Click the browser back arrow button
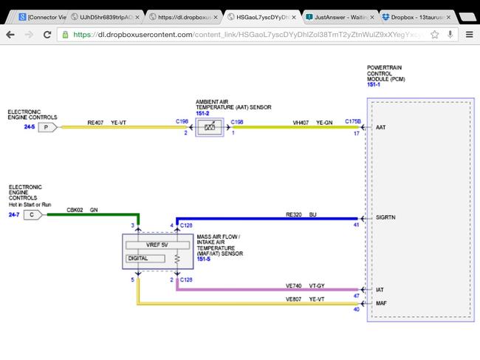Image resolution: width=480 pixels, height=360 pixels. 10,34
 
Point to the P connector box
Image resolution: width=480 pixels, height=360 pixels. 47,127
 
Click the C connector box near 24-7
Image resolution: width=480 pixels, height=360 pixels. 33,214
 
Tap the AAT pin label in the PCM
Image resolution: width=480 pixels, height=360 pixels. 381,127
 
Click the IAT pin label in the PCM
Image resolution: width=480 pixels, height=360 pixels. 380,289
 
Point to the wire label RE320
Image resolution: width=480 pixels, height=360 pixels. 294,214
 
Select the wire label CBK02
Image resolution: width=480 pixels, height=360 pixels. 75,210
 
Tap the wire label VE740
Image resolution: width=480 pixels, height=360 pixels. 294,285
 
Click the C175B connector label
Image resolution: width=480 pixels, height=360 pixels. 352,120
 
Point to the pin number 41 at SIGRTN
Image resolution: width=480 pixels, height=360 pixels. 356,225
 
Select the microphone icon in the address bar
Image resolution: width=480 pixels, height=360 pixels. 450,34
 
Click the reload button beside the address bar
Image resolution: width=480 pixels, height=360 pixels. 47,34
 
